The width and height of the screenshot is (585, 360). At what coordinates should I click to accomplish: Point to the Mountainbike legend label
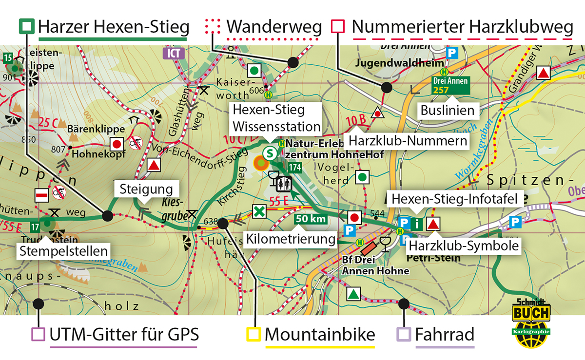pos(320,335)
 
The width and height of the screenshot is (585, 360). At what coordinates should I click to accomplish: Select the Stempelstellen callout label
pos(63,251)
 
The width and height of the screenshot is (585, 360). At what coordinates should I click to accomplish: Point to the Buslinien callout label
pos(448,111)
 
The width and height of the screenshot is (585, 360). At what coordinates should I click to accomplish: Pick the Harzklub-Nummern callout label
pos(407,141)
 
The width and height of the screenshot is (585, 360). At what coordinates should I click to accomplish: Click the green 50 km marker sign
pos(311,219)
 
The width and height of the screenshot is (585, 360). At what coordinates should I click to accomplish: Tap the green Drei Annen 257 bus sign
pos(450,85)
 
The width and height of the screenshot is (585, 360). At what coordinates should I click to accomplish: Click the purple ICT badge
pos(174,53)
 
